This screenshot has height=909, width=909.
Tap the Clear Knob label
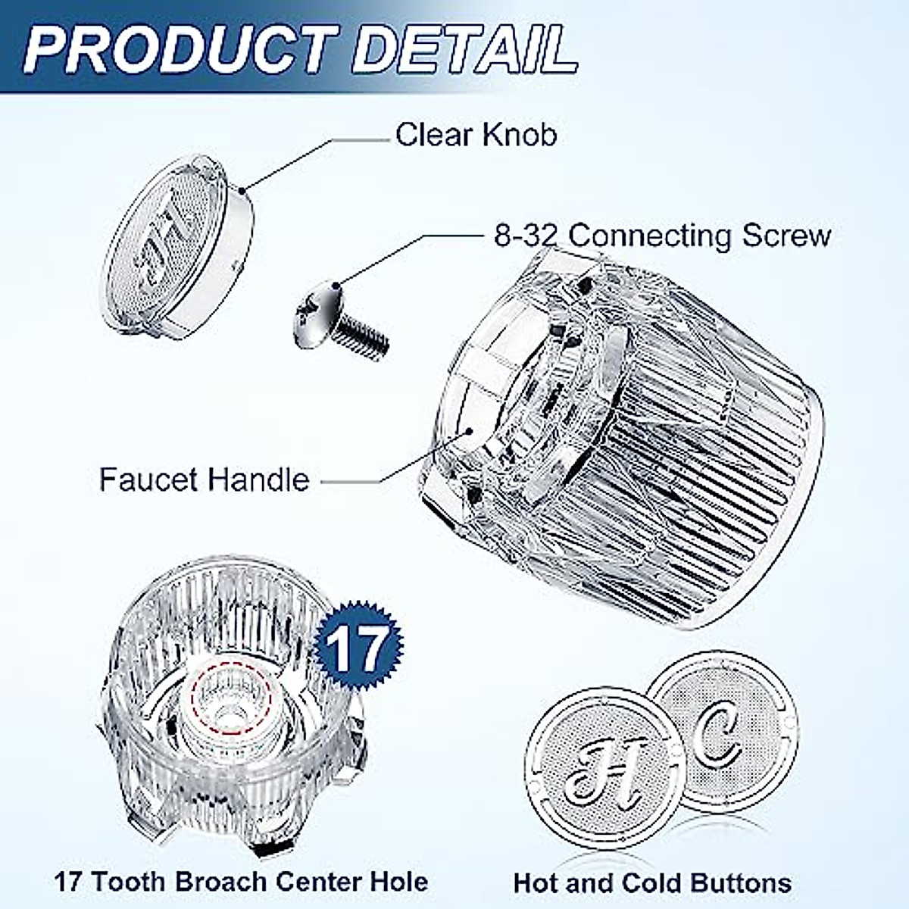point(476,135)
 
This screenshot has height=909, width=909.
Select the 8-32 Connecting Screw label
point(662,235)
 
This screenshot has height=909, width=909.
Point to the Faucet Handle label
point(205,480)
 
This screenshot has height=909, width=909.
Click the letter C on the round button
point(717,739)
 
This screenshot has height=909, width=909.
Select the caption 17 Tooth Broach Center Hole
point(241,882)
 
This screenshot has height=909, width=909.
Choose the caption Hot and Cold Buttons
point(652,883)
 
